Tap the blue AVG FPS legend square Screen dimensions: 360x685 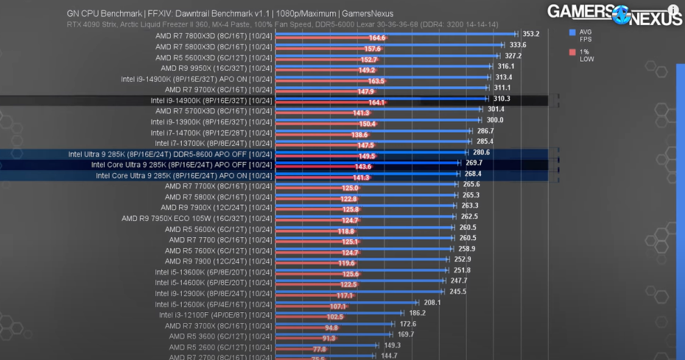coord(572,32)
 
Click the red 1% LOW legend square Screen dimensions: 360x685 coord(572,52)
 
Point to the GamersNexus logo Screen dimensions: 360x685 coord(614,15)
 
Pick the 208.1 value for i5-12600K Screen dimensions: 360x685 coord(432,303)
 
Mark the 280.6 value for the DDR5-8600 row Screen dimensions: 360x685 coord(472,152)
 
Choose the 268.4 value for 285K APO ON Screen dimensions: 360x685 coord(472,174)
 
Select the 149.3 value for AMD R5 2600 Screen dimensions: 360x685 coord(392,345)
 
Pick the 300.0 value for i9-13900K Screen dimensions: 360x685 coord(494,120)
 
